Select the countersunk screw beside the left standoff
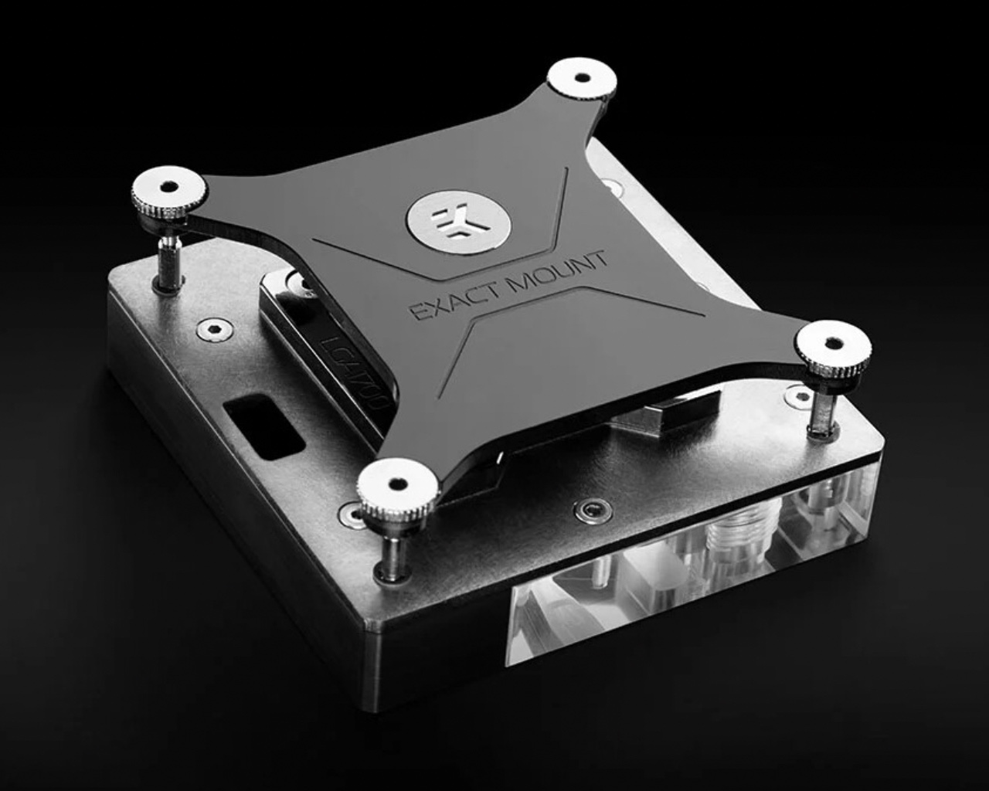208,330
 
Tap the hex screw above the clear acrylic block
593,511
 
